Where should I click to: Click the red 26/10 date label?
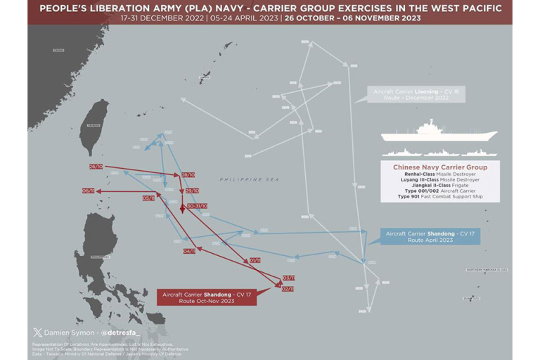pyautogui.click(x=96, y=167)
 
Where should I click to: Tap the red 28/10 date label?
pyautogui.click(x=188, y=174)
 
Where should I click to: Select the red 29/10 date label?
pyautogui.click(x=192, y=191)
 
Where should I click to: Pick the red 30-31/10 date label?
pyautogui.click(x=197, y=206)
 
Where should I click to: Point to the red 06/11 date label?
pyautogui.click(x=89, y=191)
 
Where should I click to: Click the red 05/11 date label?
pyautogui.click(x=149, y=198)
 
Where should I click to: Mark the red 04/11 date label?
pyautogui.click(x=189, y=251)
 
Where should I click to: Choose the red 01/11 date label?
pyautogui.click(x=255, y=260)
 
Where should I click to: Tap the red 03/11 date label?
pyautogui.click(x=288, y=278)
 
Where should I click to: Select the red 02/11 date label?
pyautogui.click(x=287, y=288)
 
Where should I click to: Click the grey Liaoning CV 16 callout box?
pyautogui.click(x=406, y=95)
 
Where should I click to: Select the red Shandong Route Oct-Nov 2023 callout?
pyautogui.click(x=206, y=297)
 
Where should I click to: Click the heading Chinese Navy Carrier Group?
pyautogui.click(x=439, y=167)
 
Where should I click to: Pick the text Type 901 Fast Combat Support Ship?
pyautogui.click(x=439, y=196)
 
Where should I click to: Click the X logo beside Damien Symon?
pyautogui.click(x=37, y=332)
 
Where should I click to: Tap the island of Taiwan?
pyautogui.click(x=95, y=127)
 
